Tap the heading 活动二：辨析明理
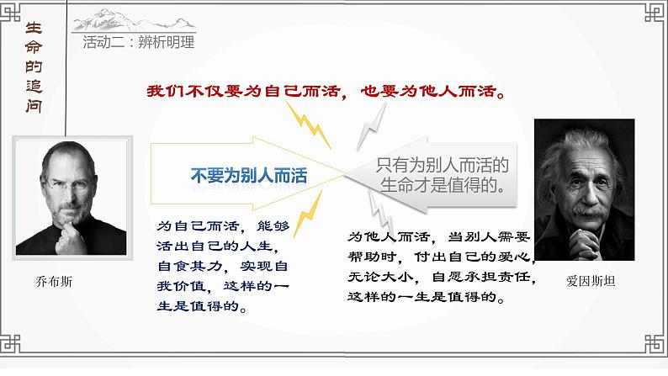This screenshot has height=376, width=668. (x=139, y=42)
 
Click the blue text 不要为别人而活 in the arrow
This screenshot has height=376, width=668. (x=248, y=176)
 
